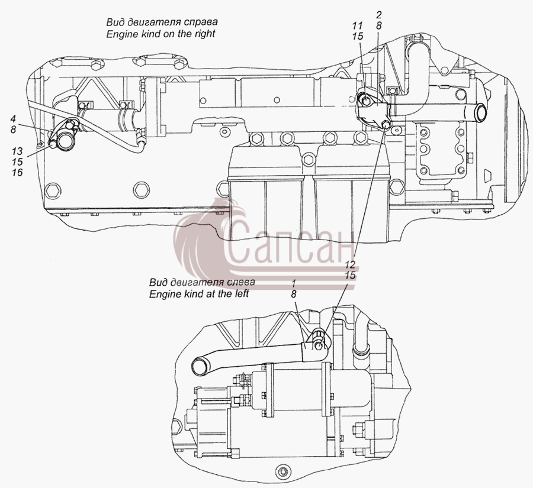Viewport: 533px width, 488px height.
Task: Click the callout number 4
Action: [13, 119]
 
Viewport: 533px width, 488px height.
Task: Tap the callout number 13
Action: [17, 151]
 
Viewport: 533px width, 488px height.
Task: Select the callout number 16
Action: [17, 173]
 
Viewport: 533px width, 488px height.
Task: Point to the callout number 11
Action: [358, 25]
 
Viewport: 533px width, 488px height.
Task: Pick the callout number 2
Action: [379, 14]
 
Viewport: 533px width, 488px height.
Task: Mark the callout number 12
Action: [350, 264]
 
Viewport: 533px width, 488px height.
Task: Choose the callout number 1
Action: [294, 283]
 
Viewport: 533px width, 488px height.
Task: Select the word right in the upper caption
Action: [205, 34]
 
